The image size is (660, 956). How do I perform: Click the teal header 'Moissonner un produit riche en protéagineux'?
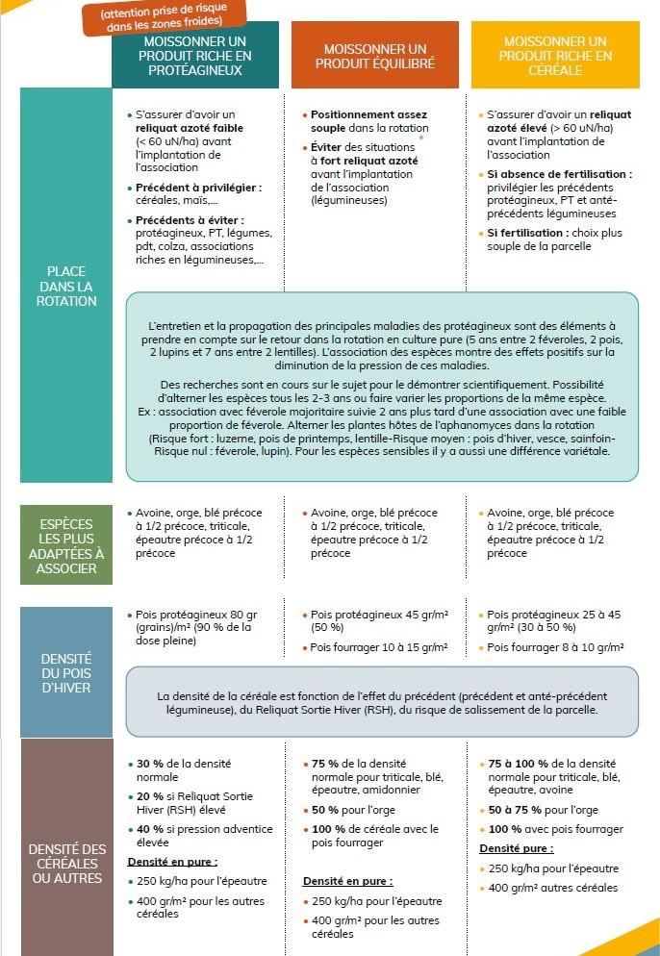tap(195, 56)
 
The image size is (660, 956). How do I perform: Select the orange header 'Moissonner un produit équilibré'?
tap(375, 56)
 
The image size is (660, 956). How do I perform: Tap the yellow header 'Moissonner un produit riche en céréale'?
tap(555, 56)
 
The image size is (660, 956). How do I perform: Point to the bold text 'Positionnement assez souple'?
tap(368, 120)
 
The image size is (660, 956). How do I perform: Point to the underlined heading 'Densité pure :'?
tap(516, 849)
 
